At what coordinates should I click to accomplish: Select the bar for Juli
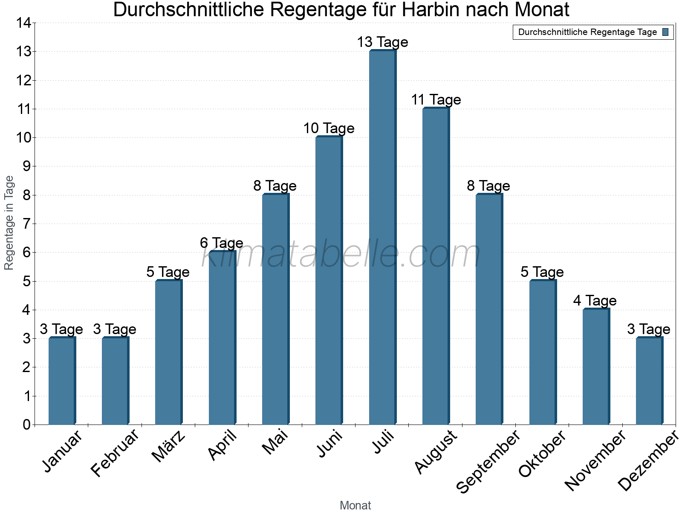click(x=382, y=237)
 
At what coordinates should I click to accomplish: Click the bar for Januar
click(x=62, y=381)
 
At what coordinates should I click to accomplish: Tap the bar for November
click(x=596, y=367)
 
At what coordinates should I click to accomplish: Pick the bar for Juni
click(x=329, y=280)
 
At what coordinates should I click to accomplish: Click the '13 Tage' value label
click(x=382, y=42)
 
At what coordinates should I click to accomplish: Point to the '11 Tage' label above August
click(x=436, y=100)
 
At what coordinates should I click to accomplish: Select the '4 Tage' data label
click(x=595, y=301)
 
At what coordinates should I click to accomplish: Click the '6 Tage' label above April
click(x=221, y=243)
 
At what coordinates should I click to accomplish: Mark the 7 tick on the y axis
click(x=27, y=224)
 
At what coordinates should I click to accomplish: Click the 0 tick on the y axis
click(x=27, y=425)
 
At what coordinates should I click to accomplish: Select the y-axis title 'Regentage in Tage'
click(x=9, y=222)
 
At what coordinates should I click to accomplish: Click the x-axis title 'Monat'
click(x=355, y=505)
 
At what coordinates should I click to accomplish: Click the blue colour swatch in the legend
click(x=665, y=32)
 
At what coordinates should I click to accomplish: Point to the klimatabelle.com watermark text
click(x=341, y=255)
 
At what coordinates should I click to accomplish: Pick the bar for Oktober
click(x=542, y=352)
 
